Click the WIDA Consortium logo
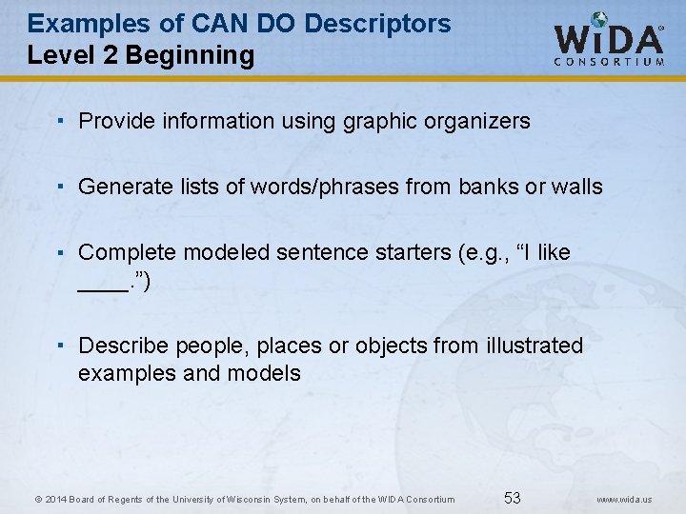(x=610, y=40)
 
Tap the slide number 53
(x=513, y=498)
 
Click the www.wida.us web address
(x=625, y=499)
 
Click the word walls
(x=577, y=187)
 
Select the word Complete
(x=127, y=252)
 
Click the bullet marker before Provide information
(x=60, y=121)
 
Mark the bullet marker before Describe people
(x=60, y=346)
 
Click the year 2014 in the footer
(x=56, y=499)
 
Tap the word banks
(x=488, y=187)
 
